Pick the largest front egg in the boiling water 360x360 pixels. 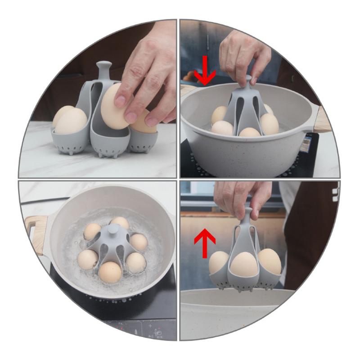coord(110,271)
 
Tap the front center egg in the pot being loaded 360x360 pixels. coord(249,132)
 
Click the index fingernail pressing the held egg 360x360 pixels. coord(120,100)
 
